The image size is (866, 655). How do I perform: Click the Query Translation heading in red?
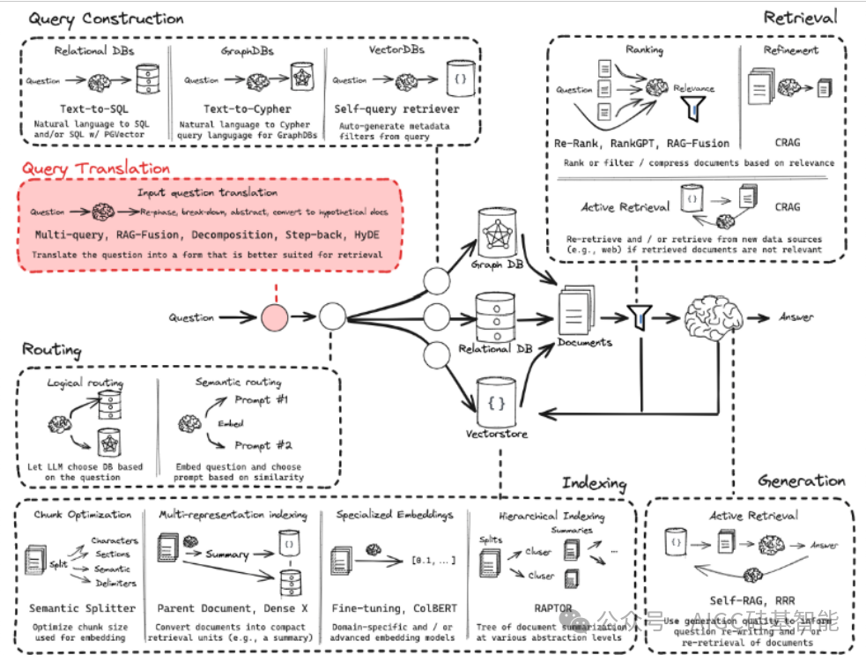click(96, 168)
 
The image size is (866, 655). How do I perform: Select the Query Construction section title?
click(106, 19)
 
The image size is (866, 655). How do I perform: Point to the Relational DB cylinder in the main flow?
click(493, 315)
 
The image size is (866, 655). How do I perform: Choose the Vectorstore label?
click(496, 433)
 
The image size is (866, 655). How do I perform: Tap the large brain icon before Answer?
click(714, 316)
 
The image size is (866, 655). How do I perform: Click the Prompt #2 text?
click(263, 445)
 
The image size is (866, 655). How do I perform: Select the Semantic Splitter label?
click(83, 608)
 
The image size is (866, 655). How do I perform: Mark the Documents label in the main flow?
click(585, 342)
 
